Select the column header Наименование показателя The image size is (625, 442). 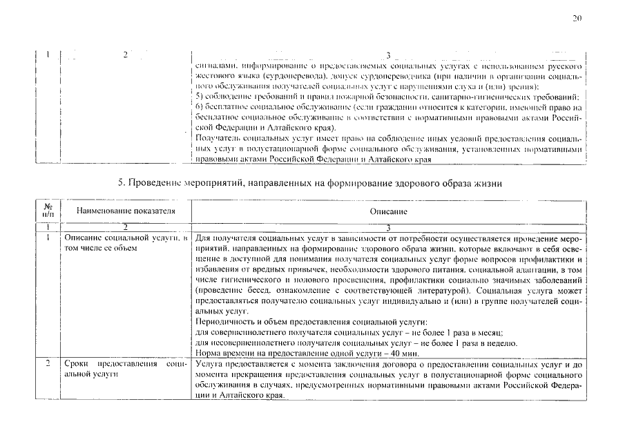(x=126, y=210)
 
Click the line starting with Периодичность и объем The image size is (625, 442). (x=311, y=323)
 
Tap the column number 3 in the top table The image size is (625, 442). (x=388, y=55)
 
